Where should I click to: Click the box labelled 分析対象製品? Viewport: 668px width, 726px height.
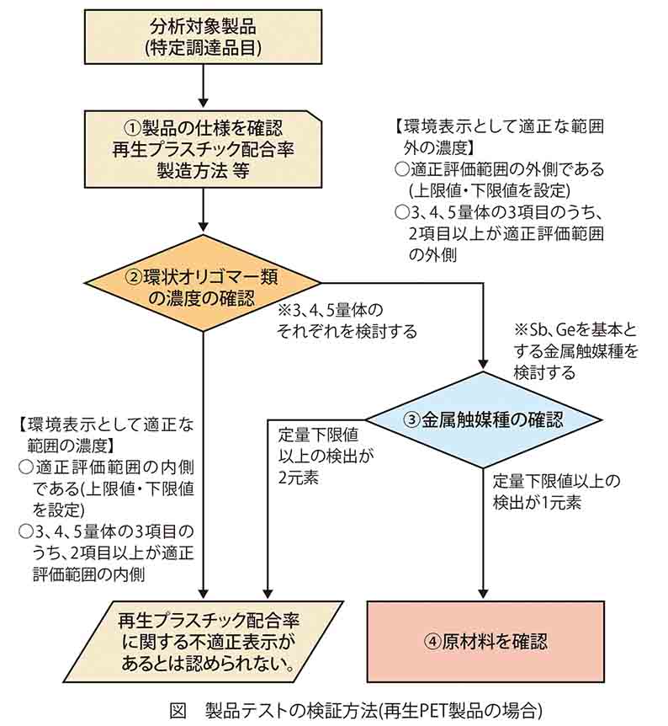pos(203,35)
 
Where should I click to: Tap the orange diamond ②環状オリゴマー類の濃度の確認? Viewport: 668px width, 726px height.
pos(203,286)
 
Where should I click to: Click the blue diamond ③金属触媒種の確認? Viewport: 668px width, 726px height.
pos(483,419)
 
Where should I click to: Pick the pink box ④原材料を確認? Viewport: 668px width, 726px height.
pos(485,642)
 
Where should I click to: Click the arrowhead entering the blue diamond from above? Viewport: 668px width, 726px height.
pos(483,362)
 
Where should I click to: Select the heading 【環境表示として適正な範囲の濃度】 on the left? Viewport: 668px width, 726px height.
pos(105,435)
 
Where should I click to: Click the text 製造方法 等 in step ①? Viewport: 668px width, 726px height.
pos(203,171)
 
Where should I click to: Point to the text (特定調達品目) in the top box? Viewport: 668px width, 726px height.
pos(203,47)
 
